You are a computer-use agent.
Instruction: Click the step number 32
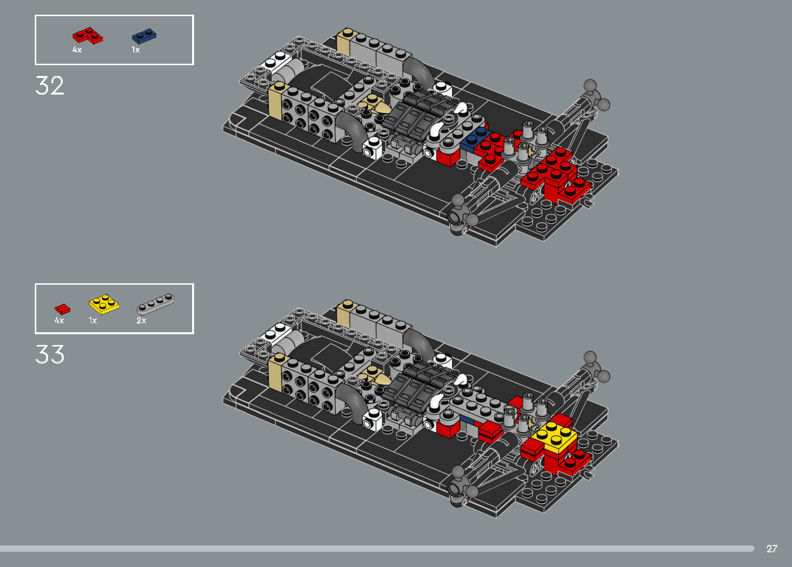click(x=49, y=86)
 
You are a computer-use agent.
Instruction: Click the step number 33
click(x=49, y=354)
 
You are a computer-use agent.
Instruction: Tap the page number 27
click(x=771, y=548)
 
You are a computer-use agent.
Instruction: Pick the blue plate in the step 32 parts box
click(x=144, y=36)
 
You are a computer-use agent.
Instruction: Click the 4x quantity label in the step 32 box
click(x=77, y=50)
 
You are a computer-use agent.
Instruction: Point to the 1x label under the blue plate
click(x=136, y=50)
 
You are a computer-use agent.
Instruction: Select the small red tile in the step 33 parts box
click(x=62, y=309)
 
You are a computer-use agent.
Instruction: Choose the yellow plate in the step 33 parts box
click(x=104, y=304)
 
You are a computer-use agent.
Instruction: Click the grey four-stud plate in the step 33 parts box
click(x=155, y=303)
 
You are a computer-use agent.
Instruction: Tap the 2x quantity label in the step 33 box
click(x=141, y=320)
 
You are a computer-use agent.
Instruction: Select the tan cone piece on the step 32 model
click(x=374, y=104)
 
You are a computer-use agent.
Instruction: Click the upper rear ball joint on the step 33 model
click(x=591, y=357)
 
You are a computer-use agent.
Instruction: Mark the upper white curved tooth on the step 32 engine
click(x=461, y=107)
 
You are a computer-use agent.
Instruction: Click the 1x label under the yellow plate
click(x=93, y=320)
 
